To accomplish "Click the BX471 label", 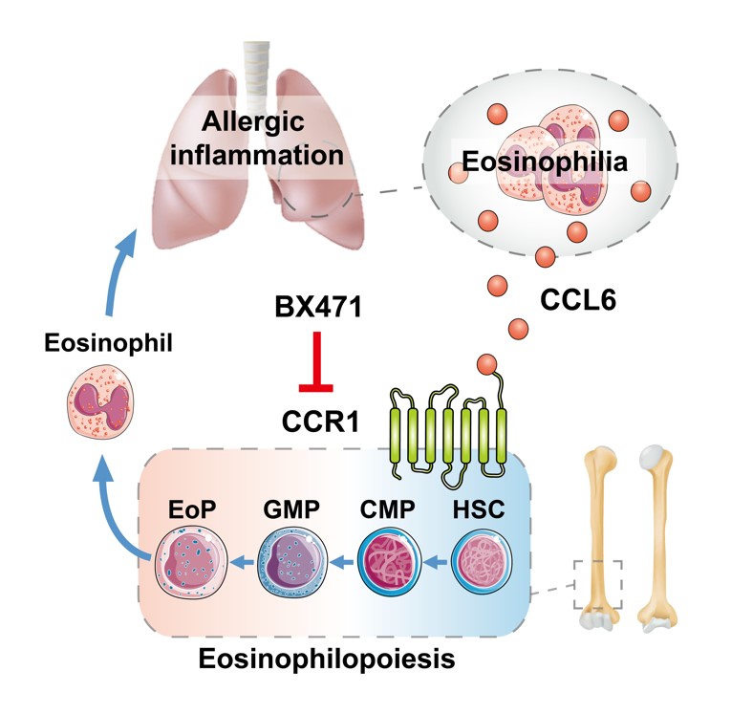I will [308, 309].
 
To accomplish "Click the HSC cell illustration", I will [483, 560].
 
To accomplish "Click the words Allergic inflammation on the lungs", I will [252, 139].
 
